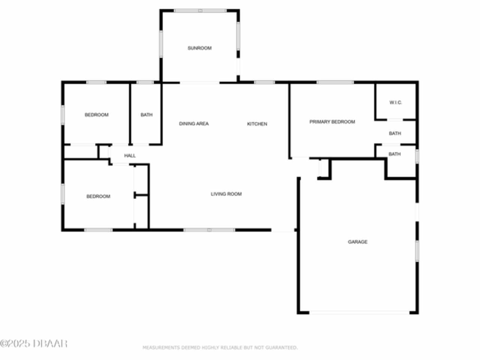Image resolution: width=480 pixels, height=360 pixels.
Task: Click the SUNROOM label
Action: (199, 48)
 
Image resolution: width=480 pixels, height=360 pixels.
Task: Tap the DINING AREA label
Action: (194, 124)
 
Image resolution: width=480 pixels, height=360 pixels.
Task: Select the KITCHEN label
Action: (257, 124)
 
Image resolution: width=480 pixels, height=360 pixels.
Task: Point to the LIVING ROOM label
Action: (226, 194)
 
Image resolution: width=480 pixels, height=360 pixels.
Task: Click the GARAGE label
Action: (357, 242)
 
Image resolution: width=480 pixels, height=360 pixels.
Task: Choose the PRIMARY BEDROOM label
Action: (332, 122)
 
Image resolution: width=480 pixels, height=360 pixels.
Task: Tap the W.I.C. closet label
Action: (396, 102)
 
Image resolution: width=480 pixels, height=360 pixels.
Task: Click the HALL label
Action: (130, 156)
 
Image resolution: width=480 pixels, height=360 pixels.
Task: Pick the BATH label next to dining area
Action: (147, 115)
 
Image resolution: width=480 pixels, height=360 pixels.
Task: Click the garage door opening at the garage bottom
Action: (359, 312)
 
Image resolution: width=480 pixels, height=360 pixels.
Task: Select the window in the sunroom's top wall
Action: (200, 10)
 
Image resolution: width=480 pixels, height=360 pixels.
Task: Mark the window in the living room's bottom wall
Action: (209, 230)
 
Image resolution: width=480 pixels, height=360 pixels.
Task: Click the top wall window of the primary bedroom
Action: (335, 82)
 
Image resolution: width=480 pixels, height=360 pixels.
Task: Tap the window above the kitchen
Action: (264, 82)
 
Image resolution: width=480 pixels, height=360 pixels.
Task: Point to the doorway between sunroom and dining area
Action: (199, 82)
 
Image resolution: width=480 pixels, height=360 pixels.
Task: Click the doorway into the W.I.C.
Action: (395, 120)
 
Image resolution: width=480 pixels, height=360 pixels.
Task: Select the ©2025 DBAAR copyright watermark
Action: (34, 343)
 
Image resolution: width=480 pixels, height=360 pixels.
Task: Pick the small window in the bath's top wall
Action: (145, 82)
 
